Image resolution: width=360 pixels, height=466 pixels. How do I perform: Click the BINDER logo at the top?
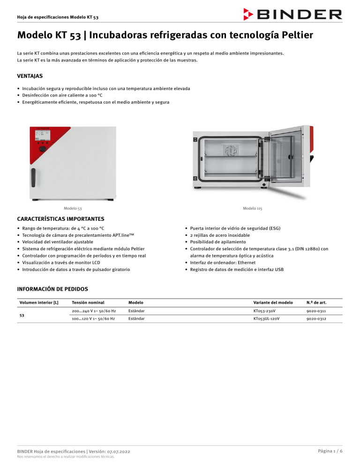click(292, 14)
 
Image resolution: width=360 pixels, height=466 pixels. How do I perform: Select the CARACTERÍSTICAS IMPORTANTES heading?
click(60, 218)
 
